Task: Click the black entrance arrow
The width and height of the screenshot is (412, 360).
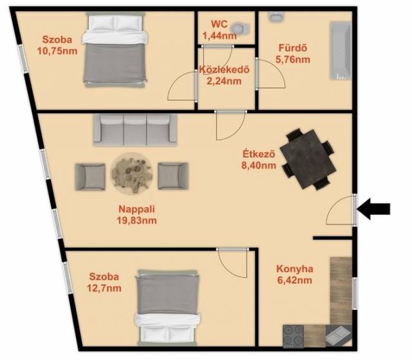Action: (373, 209)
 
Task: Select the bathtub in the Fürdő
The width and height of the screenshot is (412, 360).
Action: (341, 50)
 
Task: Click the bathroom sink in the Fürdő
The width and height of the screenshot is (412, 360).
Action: (276, 16)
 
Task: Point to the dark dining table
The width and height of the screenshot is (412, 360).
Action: (308, 159)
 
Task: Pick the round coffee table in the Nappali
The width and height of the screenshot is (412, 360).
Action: (132, 173)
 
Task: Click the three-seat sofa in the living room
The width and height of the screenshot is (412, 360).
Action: (135, 129)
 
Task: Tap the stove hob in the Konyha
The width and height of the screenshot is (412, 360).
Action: (294, 336)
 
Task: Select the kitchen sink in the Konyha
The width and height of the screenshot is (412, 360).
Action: (338, 336)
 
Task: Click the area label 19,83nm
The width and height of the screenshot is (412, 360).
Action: (137, 220)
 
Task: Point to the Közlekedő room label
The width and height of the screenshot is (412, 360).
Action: (224, 70)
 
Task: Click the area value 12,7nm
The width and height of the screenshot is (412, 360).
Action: (104, 289)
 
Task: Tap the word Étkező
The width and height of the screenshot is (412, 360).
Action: (259, 154)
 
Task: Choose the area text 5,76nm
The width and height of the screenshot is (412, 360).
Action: (293, 60)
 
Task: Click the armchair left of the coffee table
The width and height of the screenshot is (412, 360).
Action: (90, 176)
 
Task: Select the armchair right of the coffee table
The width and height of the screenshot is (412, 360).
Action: (173, 176)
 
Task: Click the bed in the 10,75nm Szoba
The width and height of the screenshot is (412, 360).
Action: (115, 49)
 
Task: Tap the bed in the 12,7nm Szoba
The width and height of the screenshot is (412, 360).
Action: (167, 307)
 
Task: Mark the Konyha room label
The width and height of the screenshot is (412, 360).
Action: (295, 269)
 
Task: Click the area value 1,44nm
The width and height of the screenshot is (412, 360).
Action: (220, 35)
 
